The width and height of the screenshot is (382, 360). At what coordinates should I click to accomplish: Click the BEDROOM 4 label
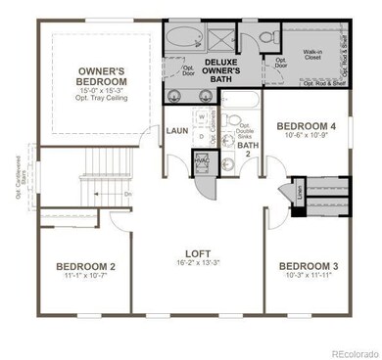click(x=306, y=126)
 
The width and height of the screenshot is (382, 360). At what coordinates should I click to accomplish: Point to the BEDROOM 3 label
click(x=307, y=266)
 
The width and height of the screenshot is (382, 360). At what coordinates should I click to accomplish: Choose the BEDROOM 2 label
click(x=85, y=266)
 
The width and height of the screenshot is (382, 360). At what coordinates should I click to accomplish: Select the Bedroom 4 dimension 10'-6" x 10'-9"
click(x=306, y=137)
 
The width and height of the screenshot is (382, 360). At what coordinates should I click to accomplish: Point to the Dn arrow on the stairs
click(x=127, y=194)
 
